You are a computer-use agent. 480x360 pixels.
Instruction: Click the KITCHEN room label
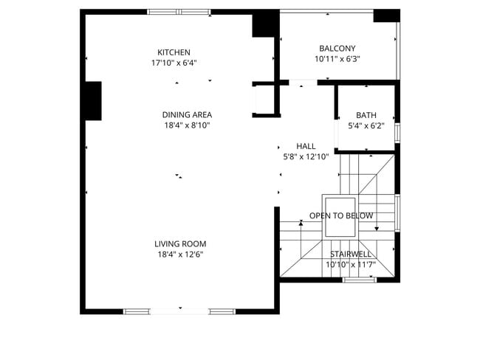(174, 52)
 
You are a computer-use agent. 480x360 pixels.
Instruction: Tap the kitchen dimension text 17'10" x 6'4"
(174, 63)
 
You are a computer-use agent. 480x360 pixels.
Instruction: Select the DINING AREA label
(187, 114)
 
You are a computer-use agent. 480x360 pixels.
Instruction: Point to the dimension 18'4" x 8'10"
(187, 125)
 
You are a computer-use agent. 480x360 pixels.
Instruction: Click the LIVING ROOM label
(180, 243)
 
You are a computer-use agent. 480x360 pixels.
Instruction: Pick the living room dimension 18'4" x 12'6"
(180, 255)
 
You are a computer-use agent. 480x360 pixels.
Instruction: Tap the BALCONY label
(337, 48)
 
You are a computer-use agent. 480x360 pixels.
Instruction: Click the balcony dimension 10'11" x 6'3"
(337, 59)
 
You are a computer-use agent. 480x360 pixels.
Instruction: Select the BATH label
(366, 115)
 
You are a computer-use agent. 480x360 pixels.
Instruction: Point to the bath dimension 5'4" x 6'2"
(366, 126)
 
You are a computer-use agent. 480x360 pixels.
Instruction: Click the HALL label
(306, 146)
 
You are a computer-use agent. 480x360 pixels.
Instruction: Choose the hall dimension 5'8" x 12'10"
(306, 156)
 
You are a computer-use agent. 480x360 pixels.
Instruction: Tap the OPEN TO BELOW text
(340, 215)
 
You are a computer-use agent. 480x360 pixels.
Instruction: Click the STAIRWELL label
(351, 254)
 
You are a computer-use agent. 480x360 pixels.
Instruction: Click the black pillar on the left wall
(92, 101)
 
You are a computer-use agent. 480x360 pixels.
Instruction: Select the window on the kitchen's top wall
(178, 12)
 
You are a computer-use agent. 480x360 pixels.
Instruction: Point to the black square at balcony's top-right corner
(385, 15)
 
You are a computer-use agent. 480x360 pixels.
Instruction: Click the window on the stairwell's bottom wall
(360, 280)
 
